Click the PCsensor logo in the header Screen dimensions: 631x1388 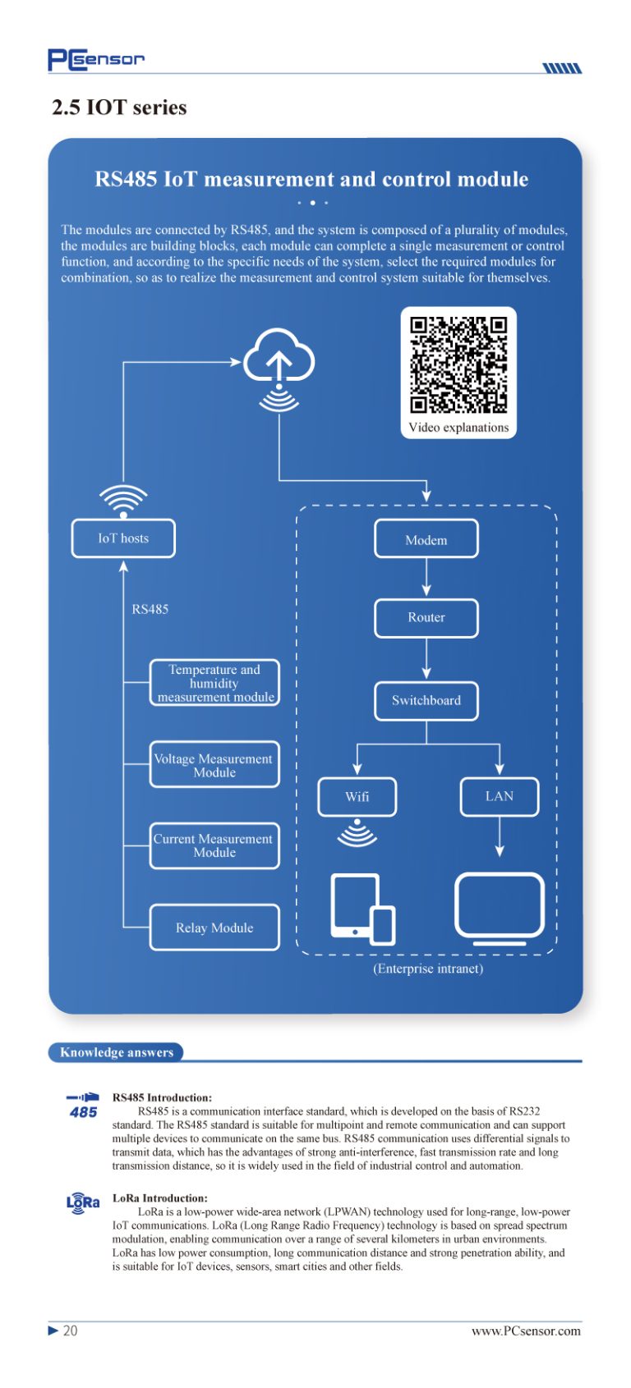(x=96, y=59)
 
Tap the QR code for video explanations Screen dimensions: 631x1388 (x=458, y=365)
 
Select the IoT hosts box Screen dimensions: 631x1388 (x=123, y=538)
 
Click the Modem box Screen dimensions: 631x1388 (x=426, y=539)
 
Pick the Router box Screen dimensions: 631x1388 (x=426, y=618)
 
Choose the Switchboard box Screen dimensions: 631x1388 (x=426, y=701)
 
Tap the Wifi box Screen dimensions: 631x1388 (x=357, y=797)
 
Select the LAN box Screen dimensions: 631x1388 (x=500, y=797)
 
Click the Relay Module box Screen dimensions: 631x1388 (x=214, y=928)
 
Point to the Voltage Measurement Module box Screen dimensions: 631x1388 (x=214, y=765)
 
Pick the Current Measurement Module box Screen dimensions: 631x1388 (x=214, y=845)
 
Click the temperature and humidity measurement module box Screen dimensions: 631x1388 (x=214, y=683)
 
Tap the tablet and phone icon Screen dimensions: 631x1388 (x=363, y=909)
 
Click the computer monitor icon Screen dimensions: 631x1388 (x=500, y=909)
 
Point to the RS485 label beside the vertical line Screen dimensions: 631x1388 (x=150, y=609)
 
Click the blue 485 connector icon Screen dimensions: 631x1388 (x=83, y=1106)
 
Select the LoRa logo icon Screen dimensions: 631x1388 (x=82, y=1202)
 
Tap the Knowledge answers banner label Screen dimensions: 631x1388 (x=116, y=1052)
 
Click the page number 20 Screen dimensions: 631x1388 (x=70, y=1331)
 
